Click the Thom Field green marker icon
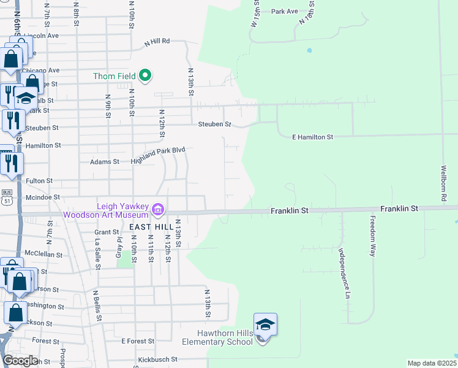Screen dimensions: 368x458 tap(145, 75)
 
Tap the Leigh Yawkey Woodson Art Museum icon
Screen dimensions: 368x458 tap(158, 210)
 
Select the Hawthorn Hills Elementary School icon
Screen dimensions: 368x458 tap(265, 324)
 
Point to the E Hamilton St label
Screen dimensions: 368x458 tap(312, 137)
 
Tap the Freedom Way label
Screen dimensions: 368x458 tap(372, 236)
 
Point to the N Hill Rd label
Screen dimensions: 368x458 tap(157, 42)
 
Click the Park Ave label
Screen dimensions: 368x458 tap(284, 12)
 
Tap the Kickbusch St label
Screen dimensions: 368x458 tap(157, 359)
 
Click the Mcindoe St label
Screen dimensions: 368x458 tap(42, 197)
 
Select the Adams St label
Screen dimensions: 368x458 tap(105, 162)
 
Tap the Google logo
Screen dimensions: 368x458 tap(20, 361)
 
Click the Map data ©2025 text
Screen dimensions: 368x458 tap(431, 363)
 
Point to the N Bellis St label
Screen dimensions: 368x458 tap(96, 307)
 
